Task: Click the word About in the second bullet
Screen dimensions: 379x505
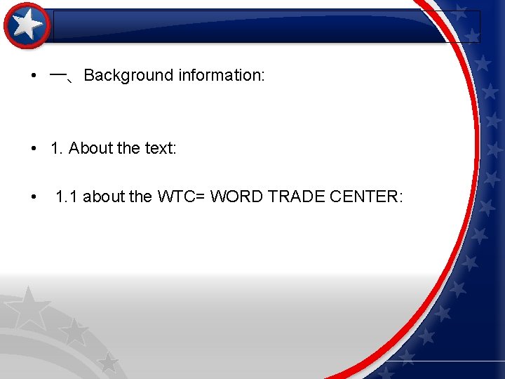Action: point(90,148)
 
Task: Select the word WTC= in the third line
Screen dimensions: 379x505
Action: point(181,197)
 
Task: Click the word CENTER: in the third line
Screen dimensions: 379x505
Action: point(367,197)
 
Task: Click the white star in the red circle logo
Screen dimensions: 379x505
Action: point(27,25)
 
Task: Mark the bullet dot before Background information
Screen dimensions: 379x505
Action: point(34,76)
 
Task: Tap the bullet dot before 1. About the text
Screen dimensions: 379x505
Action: point(34,149)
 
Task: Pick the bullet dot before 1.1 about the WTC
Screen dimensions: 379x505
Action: point(34,197)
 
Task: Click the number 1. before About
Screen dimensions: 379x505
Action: point(57,148)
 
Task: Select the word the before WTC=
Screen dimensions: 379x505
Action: point(141,197)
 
